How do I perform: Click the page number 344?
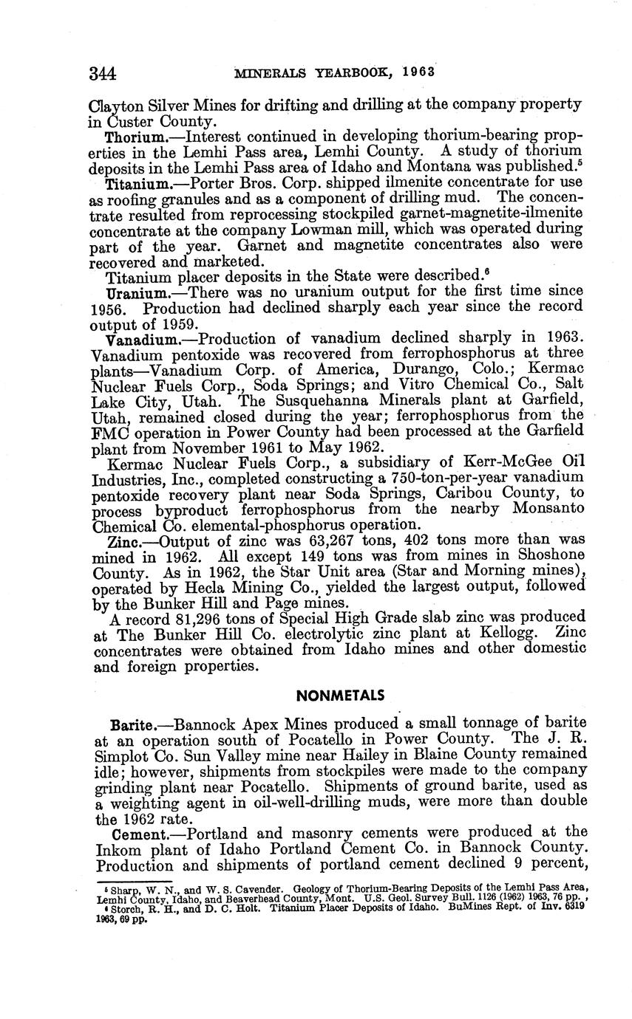[x=103, y=73]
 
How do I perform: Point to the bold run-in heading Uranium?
[x=133, y=293]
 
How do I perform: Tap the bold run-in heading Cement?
[x=134, y=834]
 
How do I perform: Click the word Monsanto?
[x=544, y=509]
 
